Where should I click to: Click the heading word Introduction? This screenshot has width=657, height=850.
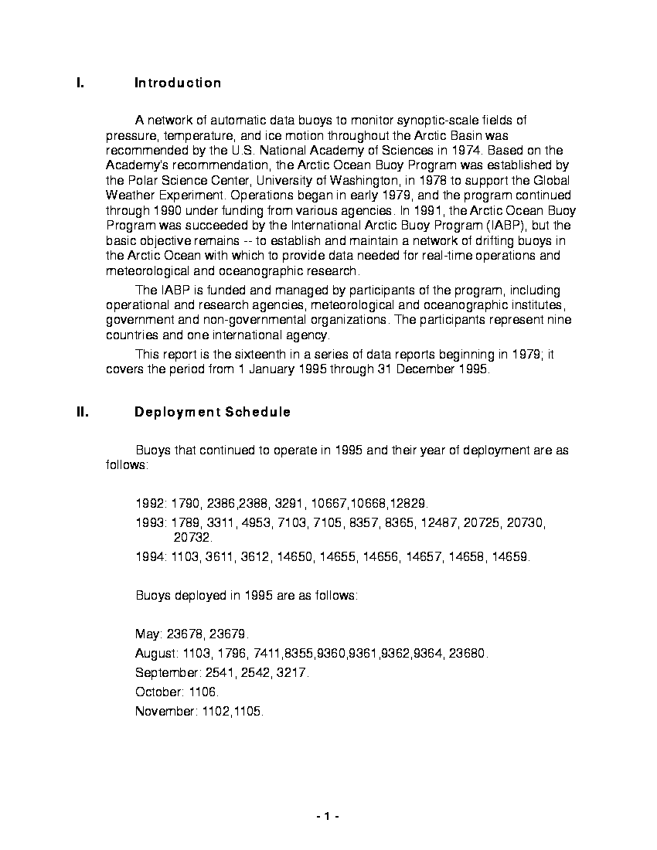[x=178, y=83]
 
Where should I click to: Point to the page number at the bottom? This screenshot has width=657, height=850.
[x=328, y=817]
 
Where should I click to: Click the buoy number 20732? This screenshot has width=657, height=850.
[x=192, y=537]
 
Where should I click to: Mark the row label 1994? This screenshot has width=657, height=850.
[x=151, y=557]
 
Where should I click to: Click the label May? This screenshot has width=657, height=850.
[x=148, y=634]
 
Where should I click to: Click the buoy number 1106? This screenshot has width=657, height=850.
[x=204, y=692]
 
